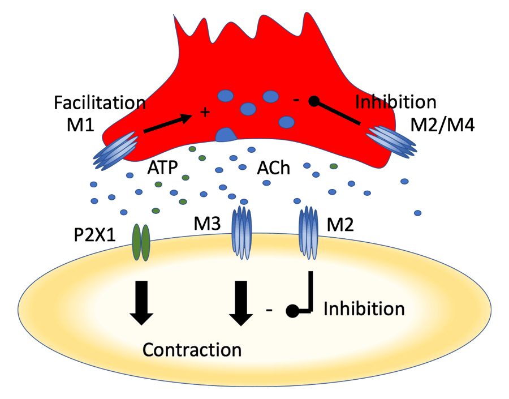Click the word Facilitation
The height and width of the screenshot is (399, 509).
[x=100, y=103]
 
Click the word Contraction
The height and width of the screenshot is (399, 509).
[x=192, y=349]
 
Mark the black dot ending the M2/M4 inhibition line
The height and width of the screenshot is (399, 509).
[x=314, y=102]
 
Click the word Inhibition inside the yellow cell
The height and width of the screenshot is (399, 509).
[x=364, y=309]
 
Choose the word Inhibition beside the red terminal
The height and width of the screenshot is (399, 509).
[x=395, y=102]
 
